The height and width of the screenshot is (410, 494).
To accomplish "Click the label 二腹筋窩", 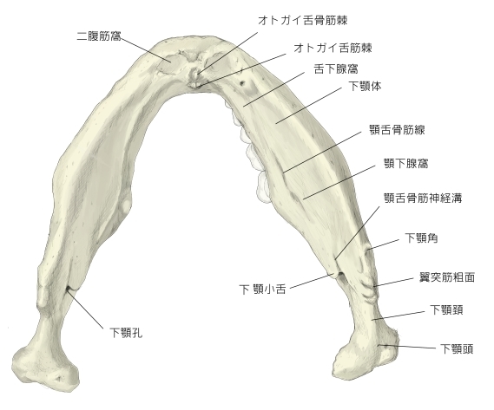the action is click(99, 36).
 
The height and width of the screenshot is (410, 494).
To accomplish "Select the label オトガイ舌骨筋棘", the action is click(302, 21).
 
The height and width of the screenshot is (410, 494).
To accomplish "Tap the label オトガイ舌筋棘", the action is click(333, 49).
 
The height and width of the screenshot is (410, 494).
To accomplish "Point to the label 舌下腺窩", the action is click(336, 68).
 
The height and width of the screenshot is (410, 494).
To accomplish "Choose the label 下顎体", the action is click(365, 86).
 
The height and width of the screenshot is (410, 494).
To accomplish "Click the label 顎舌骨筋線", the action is click(397, 130).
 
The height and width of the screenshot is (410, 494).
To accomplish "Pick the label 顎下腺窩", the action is click(405, 164).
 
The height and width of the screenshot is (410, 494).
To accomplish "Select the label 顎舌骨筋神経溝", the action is click(423, 198).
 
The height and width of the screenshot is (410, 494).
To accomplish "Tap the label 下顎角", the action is click(421, 238).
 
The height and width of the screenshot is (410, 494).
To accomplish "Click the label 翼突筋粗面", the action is click(447, 277).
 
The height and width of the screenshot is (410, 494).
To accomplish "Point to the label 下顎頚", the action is click(446, 310).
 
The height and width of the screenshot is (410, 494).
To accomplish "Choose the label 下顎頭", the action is click(457, 349).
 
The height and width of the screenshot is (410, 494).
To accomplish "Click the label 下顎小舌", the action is click(262, 290).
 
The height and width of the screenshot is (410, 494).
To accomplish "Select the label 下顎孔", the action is click(126, 332).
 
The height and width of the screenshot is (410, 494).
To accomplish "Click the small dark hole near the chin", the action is click(242, 83).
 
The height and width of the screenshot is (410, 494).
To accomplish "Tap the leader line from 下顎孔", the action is click(86, 309).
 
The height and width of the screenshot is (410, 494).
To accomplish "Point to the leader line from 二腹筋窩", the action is click(146, 49).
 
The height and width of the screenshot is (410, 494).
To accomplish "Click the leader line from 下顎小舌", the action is click(312, 281).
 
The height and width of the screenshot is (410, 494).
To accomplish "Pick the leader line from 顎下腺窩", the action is click(339, 182).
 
